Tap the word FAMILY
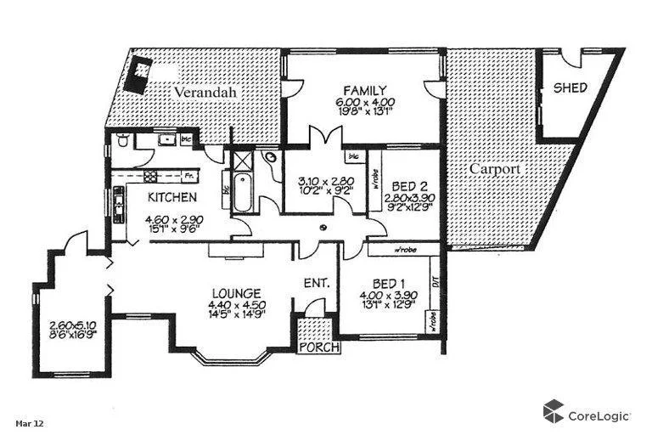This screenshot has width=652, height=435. click(x=365, y=90)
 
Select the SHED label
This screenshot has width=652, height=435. click(x=570, y=88)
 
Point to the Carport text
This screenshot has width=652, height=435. click(x=495, y=169)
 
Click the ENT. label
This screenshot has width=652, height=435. click(x=316, y=283)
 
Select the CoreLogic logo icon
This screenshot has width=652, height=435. click(x=554, y=411)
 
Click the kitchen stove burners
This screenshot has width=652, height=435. click(x=149, y=177)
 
